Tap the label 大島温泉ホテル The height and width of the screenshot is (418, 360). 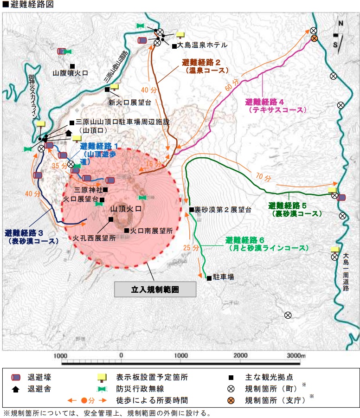[x=203, y=45]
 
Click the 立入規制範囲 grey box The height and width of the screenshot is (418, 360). [x=155, y=289]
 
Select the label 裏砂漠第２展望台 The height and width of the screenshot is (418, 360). [x=223, y=210]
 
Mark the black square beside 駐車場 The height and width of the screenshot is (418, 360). [x=209, y=278]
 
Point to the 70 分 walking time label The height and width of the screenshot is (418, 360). [x=262, y=176]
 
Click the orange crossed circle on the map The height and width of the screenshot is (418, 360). [x=314, y=38]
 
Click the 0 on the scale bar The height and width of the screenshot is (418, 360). [x=121, y=355]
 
